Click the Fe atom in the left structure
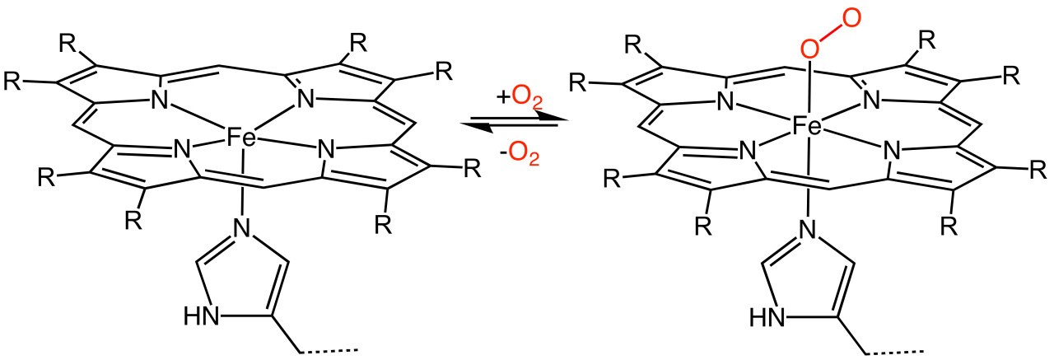coord(241,138)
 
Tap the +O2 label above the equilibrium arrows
coord(520,99)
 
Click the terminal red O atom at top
coord(851,18)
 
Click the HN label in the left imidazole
coord(202,316)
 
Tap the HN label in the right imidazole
coord(767,316)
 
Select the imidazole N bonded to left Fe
coord(241,228)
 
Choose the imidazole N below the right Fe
coord(808,229)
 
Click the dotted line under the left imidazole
coord(329,351)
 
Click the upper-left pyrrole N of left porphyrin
coord(159,100)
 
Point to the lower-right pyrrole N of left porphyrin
coord(326,150)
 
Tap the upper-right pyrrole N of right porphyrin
coord(872,100)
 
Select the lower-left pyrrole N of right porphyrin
coord(746,151)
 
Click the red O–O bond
coord(831,34)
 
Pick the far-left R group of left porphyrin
coord(12,81)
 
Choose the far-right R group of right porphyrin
coord(1038,170)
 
